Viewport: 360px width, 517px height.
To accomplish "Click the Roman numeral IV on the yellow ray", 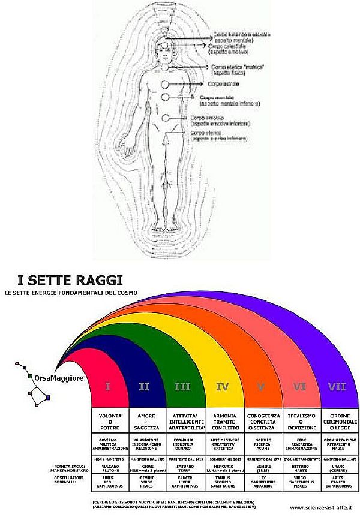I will point(222,387).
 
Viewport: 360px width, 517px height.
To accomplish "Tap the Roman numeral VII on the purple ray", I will point(337,387).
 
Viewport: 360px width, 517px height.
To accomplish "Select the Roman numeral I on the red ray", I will point(107,387).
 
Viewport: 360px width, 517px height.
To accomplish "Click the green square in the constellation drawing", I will point(29,376).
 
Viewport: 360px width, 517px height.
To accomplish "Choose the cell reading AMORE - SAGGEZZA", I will point(147,420).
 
